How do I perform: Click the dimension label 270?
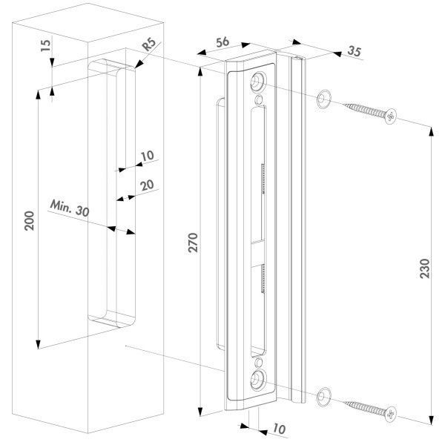[x=193, y=243]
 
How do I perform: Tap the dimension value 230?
[x=425, y=268]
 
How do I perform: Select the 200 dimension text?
[x=29, y=221]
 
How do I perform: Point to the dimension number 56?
[x=222, y=42]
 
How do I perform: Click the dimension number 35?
[x=355, y=51]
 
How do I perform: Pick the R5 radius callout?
[x=149, y=44]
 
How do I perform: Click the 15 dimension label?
[x=46, y=45]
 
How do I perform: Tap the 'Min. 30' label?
[x=70, y=208]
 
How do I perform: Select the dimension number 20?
[x=147, y=185]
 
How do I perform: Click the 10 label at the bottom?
[x=279, y=429]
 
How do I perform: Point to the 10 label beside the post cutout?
[x=148, y=156]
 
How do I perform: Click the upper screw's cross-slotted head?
[x=391, y=116]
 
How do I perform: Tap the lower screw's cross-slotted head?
[x=391, y=414]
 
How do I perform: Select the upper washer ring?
[x=324, y=99]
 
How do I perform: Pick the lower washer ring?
[x=324, y=397]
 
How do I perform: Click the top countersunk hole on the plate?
[x=258, y=82]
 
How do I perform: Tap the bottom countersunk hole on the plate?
[x=258, y=380]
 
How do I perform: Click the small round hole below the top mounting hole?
[x=259, y=99]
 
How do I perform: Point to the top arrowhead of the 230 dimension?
[x=432, y=132]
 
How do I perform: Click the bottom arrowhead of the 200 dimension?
[x=39, y=344]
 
